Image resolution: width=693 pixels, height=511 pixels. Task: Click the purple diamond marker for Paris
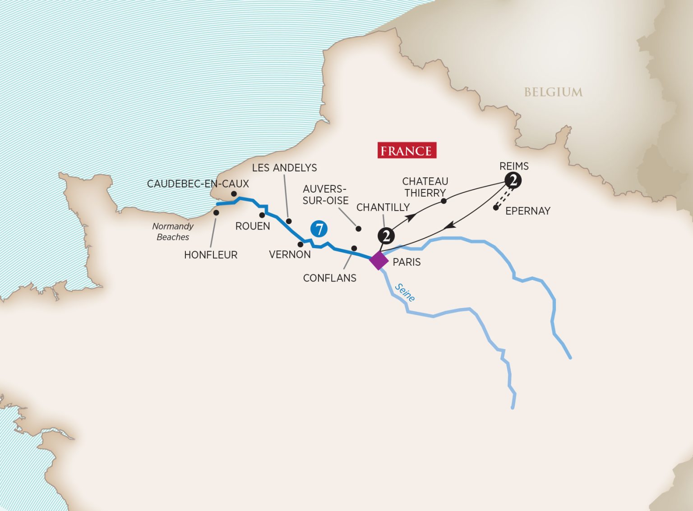coord(379,261)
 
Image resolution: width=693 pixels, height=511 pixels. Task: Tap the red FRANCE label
coord(407,151)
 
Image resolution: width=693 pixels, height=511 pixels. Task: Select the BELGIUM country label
coord(553,92)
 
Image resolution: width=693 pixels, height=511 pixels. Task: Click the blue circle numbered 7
coord(319,229)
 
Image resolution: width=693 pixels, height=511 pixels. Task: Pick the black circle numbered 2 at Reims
coord(513,180)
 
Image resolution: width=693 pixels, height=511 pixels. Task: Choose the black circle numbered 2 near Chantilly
coord(386,235)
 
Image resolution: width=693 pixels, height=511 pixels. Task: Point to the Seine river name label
coord(405,292)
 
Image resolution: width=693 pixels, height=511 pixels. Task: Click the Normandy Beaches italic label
coord(173,231)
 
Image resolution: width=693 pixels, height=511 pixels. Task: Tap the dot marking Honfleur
coord(216,212)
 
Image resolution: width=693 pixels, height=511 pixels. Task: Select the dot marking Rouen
coord(262,215)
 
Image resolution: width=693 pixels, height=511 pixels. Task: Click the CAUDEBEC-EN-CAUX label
coord(198,184)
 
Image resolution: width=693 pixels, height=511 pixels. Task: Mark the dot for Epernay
coord(496,208)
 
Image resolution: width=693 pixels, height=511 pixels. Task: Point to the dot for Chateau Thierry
coord(444,201)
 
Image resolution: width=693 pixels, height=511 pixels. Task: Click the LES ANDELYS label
coord(284,168)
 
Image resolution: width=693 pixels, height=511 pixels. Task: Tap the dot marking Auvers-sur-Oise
coord(359,229)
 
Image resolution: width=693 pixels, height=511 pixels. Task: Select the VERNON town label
coord(290,254)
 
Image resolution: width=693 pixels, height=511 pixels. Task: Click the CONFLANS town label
coord(329,278)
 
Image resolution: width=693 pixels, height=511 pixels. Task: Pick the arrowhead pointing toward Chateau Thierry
coord(411,217)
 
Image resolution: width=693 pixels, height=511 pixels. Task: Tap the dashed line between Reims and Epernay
coord(504,197)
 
